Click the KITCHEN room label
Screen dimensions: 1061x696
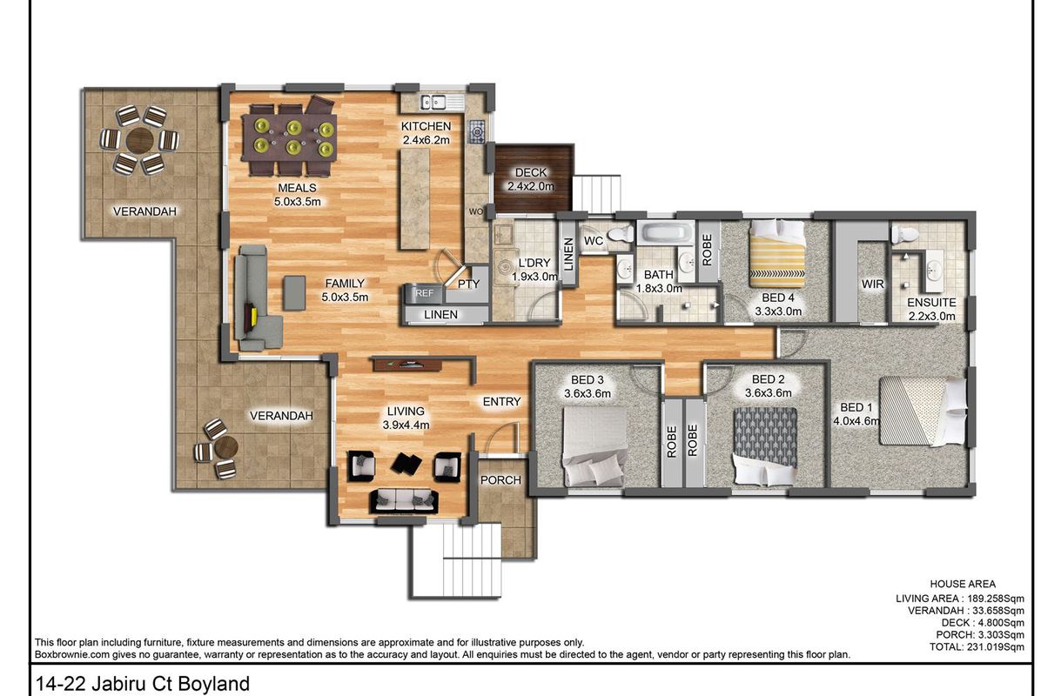[426, 126]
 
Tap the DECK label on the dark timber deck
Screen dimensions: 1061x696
[531, 173]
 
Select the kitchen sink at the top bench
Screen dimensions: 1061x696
[433, 102]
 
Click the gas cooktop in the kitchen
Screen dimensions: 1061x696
[476, 131]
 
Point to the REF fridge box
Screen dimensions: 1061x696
[424, 293]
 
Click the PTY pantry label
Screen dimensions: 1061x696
[469, 284]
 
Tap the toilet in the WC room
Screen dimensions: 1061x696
[621, 233]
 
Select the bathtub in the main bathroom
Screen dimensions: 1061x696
[666, 233]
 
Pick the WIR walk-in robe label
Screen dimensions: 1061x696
[872, 284]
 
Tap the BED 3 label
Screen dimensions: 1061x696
[587, 379]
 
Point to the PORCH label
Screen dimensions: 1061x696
[500, 480]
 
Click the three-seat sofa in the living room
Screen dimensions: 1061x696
[404, 501]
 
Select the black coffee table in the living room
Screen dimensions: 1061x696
[406, 463]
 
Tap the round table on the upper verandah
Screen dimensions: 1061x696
[140, 140]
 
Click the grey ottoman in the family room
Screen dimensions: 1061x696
[294, 293]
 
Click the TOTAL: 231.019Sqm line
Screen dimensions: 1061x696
[977, 646]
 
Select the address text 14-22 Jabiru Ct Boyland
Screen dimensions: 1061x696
[143, 684]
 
